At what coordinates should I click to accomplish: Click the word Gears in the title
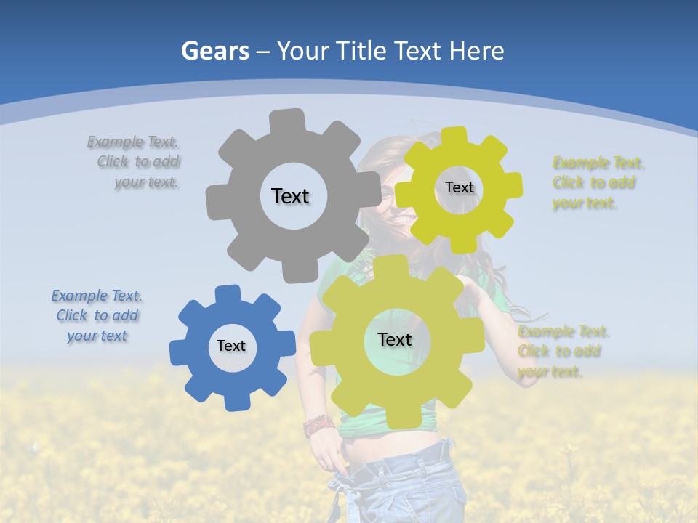pyautogui.click(x=214, y=51)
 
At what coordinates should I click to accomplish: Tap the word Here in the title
pyautogui.click(x=476, y=51)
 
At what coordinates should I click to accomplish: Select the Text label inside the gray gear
pyautogui.click(x=290, y=196)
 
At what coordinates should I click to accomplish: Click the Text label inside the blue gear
pyautogui.click(x=231, y=346)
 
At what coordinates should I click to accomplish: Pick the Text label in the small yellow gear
pyautogui.click(x=459, y=187)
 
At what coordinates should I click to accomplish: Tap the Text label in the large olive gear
pyautogui.click(x=395, y=339)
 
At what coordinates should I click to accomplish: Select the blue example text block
pyautogui.click(x=97, y=315)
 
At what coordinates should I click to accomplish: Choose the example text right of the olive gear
pyautogui.click(x=563, y=352)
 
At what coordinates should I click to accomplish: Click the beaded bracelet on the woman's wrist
pyautogui.click(x=318, y=426)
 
